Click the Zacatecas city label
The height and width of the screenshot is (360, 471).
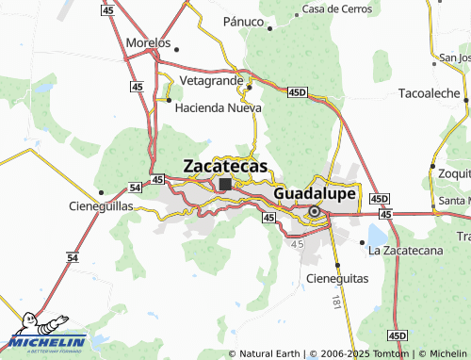click(x=224, y=166)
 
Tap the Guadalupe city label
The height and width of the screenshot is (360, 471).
click(x=315, y=193)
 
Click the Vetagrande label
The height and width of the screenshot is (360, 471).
click(x=207, y=83)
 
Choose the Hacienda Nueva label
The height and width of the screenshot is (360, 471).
click(x=218, y=107)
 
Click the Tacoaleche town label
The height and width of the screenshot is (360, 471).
click(x=428, y=94)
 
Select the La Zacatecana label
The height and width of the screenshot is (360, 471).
click(x=405, y=250)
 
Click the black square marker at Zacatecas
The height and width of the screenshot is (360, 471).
click(x=225, y=185)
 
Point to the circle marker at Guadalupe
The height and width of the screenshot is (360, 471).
click(x=314, y=211)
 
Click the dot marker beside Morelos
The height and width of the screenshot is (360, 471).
click(x=176, y=46)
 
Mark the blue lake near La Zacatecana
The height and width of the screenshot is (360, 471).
click(x=379, y=234)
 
